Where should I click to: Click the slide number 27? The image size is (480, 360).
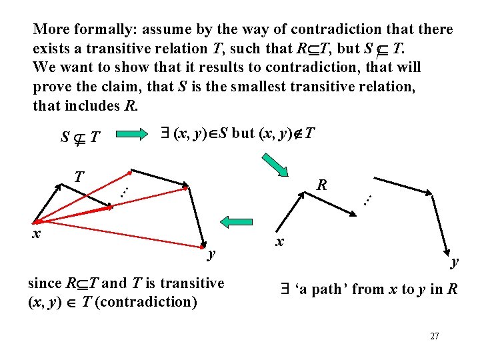click(x=434, y=336)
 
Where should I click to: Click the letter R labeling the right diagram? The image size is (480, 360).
click(x=321, y=185)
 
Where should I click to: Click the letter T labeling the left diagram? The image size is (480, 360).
click(x=79, y=177)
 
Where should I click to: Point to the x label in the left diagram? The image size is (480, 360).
click(x=37, y=233)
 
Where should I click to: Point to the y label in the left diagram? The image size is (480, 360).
click(x=211, y=253)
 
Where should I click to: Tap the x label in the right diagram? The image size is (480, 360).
click(x=281, y=241)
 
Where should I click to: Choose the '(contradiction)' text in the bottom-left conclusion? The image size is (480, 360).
click(x=153, y=302)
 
